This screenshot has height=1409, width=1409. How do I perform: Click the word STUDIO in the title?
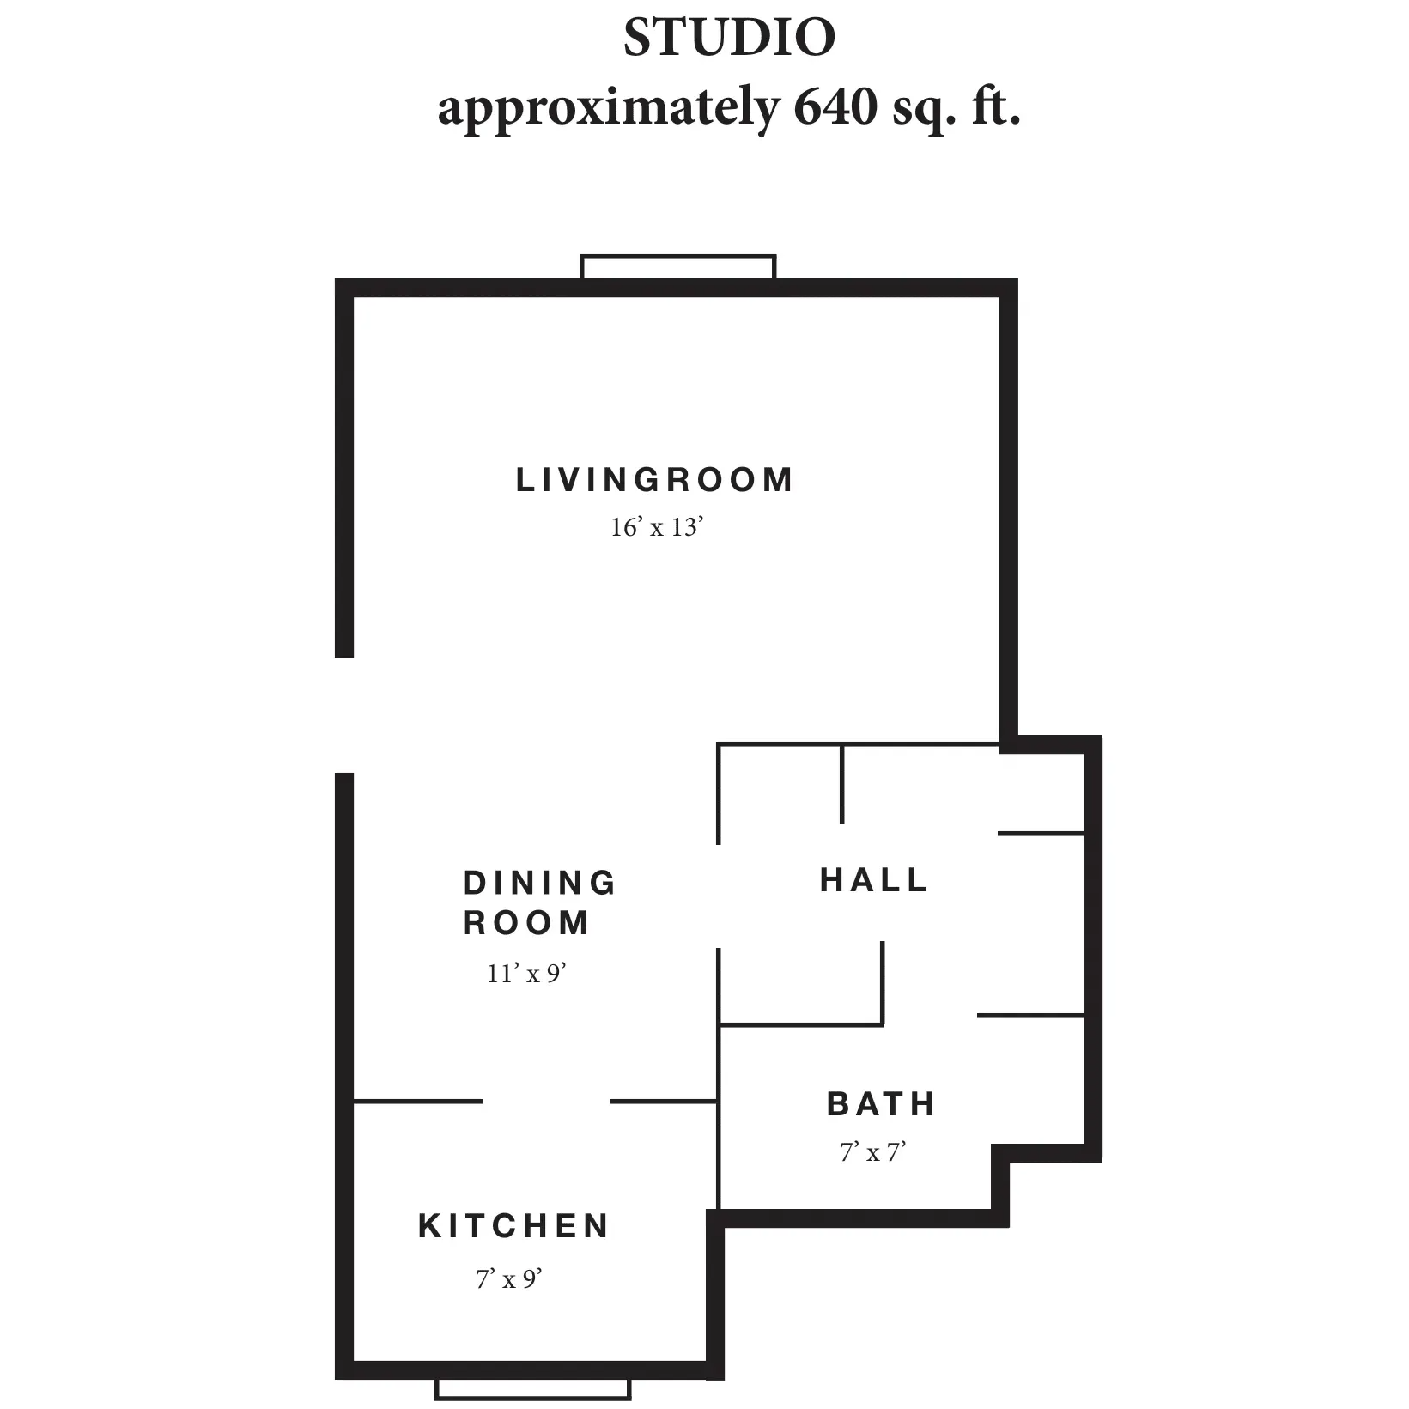pyautogui.click(x=729, y=38)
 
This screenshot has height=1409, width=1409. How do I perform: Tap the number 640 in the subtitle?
pyautogui.click(x=830, y=107)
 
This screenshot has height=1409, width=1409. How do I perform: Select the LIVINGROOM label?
pyautogui.click(x=654, y=480)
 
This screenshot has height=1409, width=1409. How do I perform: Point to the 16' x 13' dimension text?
pyautogui.click(x=657, y=526)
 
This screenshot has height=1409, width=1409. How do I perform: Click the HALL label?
pyautogui.click(x=874, y=880)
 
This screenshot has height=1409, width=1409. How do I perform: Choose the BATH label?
pyautogui.click(x=881, y=1104)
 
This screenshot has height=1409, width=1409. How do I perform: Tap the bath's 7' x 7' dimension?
pyautogui.click(x=873, y=1151)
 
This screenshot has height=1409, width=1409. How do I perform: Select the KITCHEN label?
pyautogui.click(x=513, y=1226)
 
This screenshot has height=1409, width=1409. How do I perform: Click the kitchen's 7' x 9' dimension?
pyautogui.click(x=510, y=1279)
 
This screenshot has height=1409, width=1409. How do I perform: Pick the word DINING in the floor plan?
pyautogui.click(x=539, y=883)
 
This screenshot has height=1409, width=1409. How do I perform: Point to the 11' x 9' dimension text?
pyautogui.click(x=527, y=973)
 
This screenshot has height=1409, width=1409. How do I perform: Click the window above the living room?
pyautogui.click(x=678, y=267)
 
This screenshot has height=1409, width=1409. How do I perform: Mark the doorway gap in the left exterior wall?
pyautogui.click(x=344, y=715)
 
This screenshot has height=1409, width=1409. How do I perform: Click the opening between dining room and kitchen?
pyautogui.click(x=546, y=1102)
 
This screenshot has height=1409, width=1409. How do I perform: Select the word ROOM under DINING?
pyautogui.click(x=526, y=923)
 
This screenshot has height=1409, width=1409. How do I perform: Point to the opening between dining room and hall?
pyautogui.click(x=719, y=896)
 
